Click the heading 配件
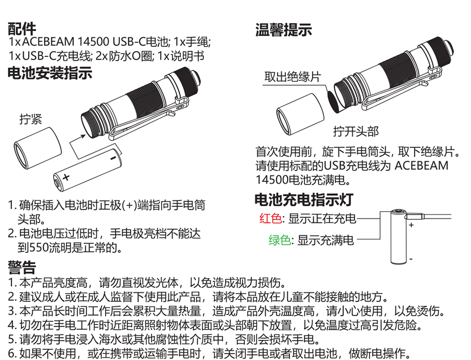tap(22, 29)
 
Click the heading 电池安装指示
tap(50, 73)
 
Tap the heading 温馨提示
tap(284, 30)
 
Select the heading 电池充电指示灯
tap(304, 200)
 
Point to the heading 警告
tap(22, 267)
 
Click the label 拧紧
tap(31, 119)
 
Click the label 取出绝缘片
tap(292, 77)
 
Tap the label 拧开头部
tap(356, 131)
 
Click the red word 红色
tap(271, 218)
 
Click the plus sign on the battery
tap(66, 177)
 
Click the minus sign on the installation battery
tap(113, 158)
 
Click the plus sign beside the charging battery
tap(411, 224)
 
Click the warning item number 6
tap(12, 353)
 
